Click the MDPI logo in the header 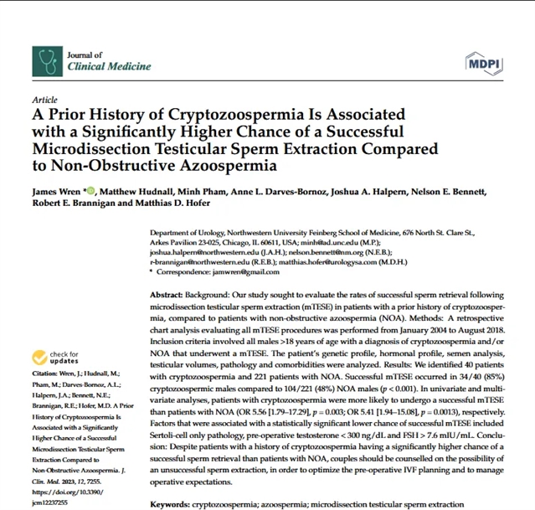point(486,59)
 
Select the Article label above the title point(44,99)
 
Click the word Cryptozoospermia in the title point(212,114)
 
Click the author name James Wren point(57,191)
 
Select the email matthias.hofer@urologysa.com point(373,261)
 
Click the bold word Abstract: point(172,296)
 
